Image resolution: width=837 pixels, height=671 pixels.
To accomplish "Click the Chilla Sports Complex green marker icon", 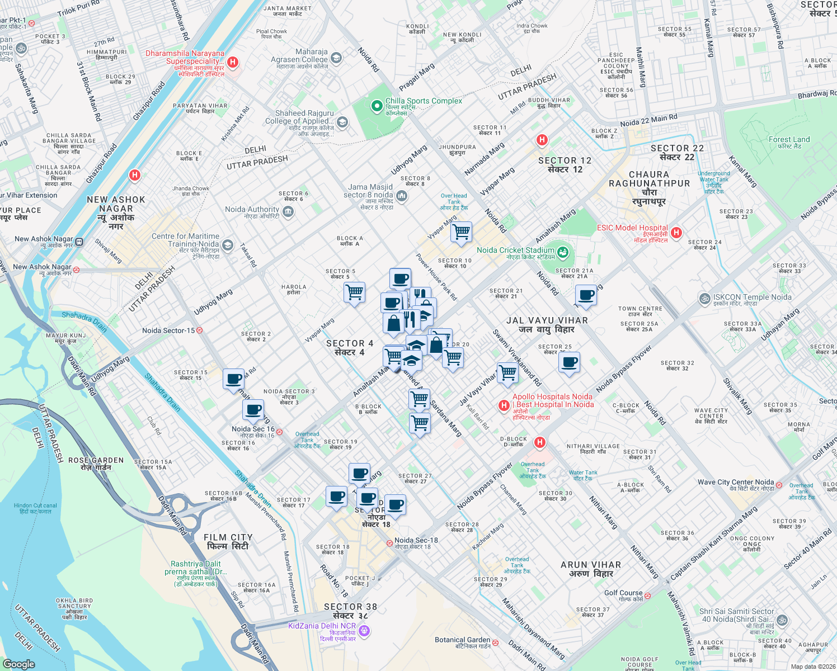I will pos(378,105).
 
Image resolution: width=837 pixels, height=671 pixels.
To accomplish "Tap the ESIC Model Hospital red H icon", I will pos(676,233).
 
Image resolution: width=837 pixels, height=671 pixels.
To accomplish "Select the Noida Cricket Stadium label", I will pos(515,251).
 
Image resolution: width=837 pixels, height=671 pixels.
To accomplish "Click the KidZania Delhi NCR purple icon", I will pos(364,631).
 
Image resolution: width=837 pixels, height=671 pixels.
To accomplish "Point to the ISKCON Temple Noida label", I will pos(752,297).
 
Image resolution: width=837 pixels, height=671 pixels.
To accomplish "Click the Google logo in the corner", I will pos(18,664).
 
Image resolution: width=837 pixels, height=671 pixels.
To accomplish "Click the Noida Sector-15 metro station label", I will pos(168,330).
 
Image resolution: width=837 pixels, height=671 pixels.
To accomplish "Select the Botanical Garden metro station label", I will pos(462,640).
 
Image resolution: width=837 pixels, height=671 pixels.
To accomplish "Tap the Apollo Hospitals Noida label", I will pos(552,396).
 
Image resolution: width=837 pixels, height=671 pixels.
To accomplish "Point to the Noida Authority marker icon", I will pos(288,211).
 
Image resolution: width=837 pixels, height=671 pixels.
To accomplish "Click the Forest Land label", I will pos(789,140).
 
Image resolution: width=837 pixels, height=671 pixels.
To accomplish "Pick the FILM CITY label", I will pos(228,537).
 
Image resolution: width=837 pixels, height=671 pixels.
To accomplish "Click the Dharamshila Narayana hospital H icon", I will pos(233,62).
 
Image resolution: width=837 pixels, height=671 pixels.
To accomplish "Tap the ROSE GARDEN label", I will pos(96,460).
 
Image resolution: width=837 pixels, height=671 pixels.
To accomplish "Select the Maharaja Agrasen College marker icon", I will pos(336,57).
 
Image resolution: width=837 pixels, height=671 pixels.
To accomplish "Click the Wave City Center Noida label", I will pos(735,482).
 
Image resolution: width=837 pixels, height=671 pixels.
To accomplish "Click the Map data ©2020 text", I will pos(812,667).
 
